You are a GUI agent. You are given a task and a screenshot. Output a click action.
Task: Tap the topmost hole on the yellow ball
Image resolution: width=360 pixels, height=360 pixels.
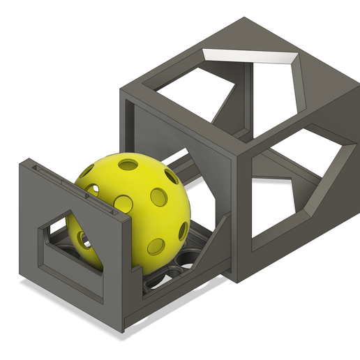[128, 165]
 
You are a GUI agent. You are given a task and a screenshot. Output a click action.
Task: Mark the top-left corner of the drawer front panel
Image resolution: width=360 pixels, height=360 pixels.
[20, 162]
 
